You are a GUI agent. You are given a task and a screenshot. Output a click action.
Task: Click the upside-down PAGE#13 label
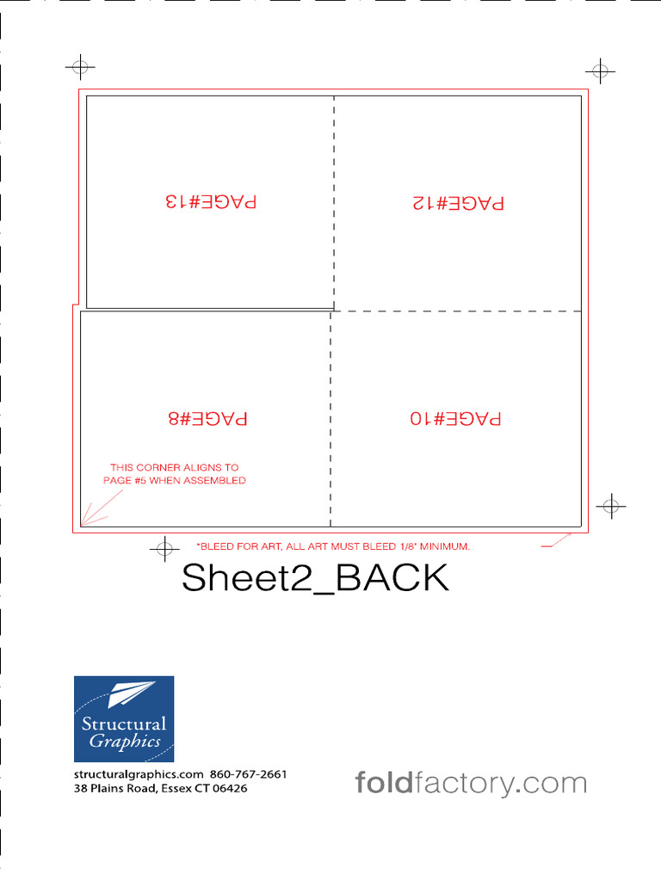coord(211,201)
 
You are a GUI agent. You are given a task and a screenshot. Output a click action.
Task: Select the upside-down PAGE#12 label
coord(458,203)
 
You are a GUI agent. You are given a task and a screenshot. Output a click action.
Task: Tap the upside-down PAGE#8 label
coord(207,419)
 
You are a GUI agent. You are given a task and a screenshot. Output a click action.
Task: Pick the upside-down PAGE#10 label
coord(455,419)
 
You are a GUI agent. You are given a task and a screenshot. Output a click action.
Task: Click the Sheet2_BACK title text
coord(315,578)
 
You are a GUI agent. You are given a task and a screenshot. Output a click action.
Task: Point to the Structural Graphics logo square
coord(124,718)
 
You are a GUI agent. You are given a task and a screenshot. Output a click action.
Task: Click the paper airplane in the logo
coord(131,693)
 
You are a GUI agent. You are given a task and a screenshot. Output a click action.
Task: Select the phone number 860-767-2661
coord(248,773)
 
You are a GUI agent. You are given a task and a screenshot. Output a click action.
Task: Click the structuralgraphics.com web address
coord(139,773)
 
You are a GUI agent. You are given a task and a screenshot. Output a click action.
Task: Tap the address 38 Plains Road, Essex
coord(160,788)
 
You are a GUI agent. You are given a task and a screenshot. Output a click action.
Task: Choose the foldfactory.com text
coord(471,784)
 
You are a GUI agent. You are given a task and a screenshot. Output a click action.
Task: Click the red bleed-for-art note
coord(333,546)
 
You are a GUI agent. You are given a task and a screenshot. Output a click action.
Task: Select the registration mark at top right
coord(600,71)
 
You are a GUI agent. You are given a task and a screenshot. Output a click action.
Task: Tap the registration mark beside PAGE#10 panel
coord(610,506)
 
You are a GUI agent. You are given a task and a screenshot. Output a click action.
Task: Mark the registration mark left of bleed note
coord(163,548)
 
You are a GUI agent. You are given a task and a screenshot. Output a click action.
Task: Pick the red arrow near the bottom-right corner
coord(557,540)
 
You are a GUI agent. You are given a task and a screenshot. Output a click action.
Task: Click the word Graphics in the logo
coord(126,742)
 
